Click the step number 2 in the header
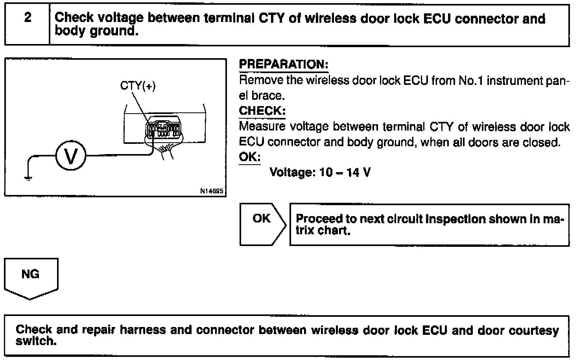(28, 18)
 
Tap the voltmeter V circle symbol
(71, 156)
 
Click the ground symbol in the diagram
(28, 178)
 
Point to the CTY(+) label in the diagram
(138, 86)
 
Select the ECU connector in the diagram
(163, 127)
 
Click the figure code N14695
(212, 191)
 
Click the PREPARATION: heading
(283, 64)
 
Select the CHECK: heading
(262, 111)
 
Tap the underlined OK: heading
(250, 157)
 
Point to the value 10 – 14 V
(345, 173)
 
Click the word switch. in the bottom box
(36, 341)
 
